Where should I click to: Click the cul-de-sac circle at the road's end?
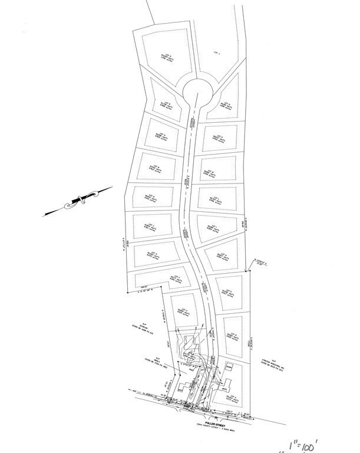197,93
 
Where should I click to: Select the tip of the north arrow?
112,188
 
